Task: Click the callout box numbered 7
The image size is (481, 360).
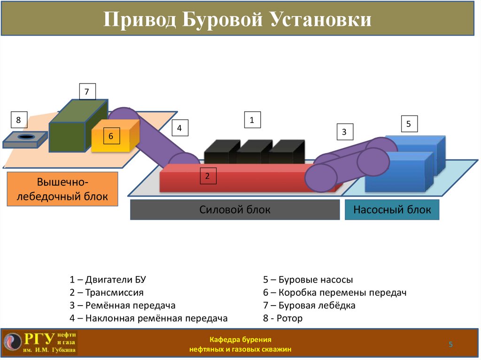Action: click(x=86, y=92)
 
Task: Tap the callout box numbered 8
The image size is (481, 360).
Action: click(x=18, y=120)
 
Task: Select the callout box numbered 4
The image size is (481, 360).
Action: click(x=179, y=128)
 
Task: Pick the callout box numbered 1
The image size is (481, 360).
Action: click(x=252, y=120)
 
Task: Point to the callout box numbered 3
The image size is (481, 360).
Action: click(x=344, y=132)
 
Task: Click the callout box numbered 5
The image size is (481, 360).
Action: click(x=408, y=124)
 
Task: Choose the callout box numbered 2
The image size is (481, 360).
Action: click(x=207, y=176)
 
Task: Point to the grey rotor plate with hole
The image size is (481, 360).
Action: click(x=26, y=138)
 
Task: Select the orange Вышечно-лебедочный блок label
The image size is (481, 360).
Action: click(x=62, y=189)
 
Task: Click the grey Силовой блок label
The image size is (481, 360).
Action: click(x=234, y=209)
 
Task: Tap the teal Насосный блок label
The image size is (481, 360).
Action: click(x=392, y=209)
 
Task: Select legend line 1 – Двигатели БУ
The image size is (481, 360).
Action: click(x=108, y=280)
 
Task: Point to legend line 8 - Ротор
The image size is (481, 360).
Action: click(x=283, y=318)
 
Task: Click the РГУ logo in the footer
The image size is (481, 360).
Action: click(x=40, y=342)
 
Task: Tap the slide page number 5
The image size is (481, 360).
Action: click(x=450, y=345)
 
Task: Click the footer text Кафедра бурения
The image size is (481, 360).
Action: click(x=240, y=339)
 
